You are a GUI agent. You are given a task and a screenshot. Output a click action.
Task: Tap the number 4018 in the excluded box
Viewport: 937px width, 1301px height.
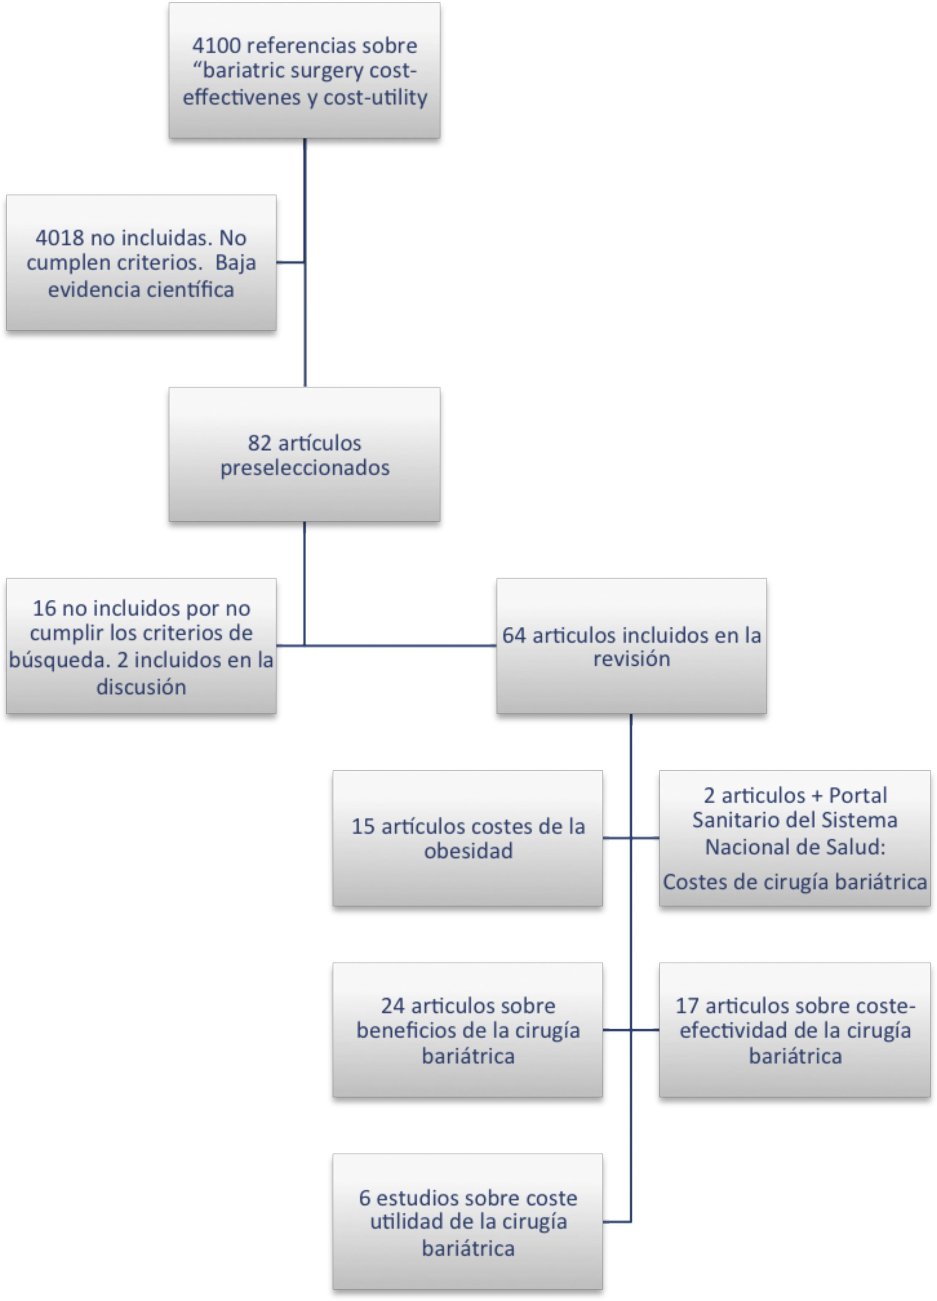click(x=59, y=238)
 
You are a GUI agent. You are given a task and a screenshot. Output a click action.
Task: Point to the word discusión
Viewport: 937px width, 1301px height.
click(x=141, y=687)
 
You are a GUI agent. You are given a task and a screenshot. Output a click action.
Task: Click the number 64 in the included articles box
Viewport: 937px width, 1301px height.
click(x=514, y=635)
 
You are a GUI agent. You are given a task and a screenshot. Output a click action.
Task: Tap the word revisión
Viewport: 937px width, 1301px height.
click(x=632, y=659)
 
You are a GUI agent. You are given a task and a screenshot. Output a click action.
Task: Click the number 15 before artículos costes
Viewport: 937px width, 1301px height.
click(x=362, y=826)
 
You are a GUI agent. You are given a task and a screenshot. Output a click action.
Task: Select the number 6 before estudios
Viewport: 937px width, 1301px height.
click(x=364, y=1198)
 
